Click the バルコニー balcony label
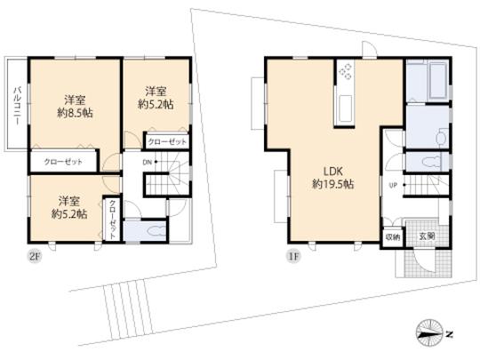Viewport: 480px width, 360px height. [x=16, y=105]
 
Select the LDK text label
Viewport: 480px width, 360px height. [x=332, y=171]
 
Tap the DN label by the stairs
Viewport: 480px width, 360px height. [x=148, y=163]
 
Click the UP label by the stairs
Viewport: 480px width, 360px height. [x=391, y=185]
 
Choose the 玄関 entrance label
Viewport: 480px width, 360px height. [x=426, y=236]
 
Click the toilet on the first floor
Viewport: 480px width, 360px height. [x=429, y=163]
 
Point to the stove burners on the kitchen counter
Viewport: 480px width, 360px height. [x=345, y=74]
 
